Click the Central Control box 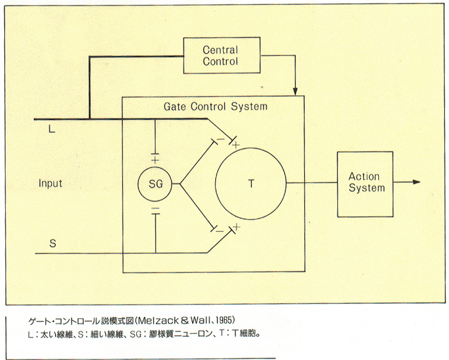(x=220, y=56)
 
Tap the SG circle (x=156, y=184)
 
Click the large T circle (x=251, y=183)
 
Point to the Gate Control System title (x=215, y=106)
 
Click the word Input (x=50, y=183)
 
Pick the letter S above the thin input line (x=52, y=244)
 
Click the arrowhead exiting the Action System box (x=417, y=182)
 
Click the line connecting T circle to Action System (x=312, y=182)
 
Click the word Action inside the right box (x=364, y=177)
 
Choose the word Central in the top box (x=220, y=50)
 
